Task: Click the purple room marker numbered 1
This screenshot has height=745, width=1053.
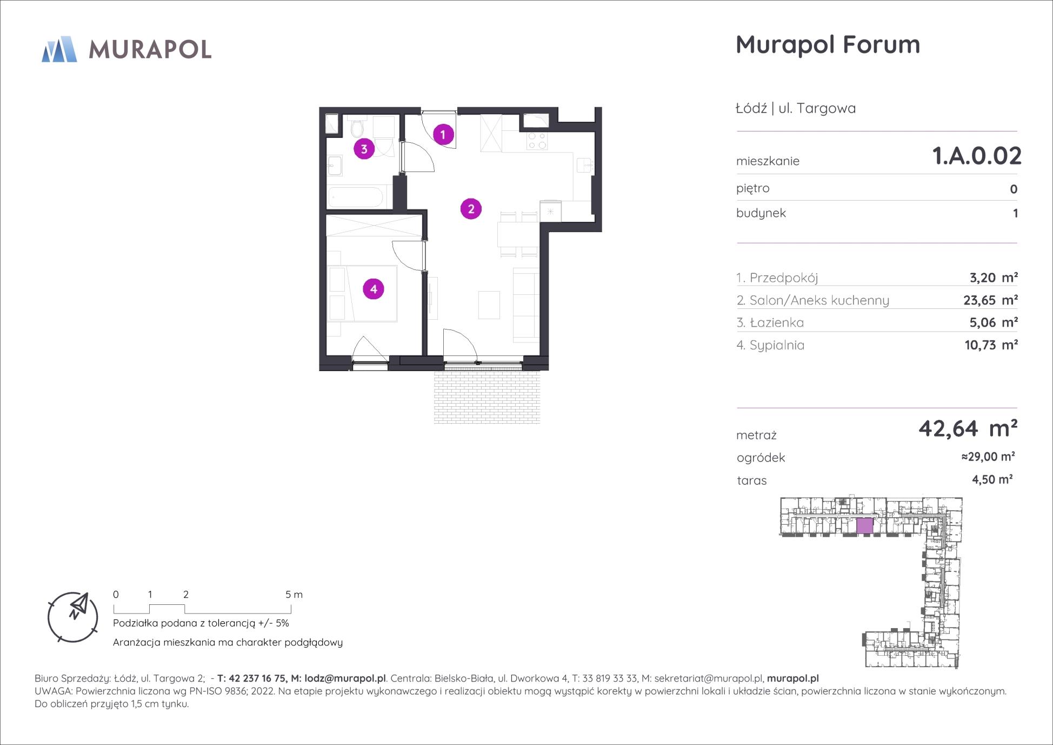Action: [x=443, y=134]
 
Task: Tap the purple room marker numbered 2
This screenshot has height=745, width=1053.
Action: [x=471, y=209]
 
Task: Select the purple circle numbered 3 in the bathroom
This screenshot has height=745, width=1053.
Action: [x=364, y=149]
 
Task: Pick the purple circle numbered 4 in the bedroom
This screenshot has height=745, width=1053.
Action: [x=374, y=289]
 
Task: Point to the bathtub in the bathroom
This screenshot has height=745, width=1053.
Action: [x=356, y=196]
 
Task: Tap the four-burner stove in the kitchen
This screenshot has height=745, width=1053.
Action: [x=538, y=141]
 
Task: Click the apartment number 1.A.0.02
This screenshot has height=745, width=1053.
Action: [x=977, y=156]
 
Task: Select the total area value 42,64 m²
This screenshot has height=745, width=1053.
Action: [x=968, y=428]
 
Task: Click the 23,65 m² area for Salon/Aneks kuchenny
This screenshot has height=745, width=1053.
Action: [x=990, y=300]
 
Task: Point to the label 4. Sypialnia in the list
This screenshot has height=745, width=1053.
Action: [x=770, y=345]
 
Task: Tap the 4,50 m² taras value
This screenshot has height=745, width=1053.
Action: [x=992, y=479]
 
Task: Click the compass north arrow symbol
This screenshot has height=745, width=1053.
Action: [x=79, y=606]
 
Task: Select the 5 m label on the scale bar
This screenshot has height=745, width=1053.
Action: [x=294, y=595]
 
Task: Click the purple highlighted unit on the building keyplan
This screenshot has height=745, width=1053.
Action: [x=865, y=526]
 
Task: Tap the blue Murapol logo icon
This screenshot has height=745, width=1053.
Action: [x=59, y=49]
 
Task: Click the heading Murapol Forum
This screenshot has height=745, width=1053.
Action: [x=828, y=44]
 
